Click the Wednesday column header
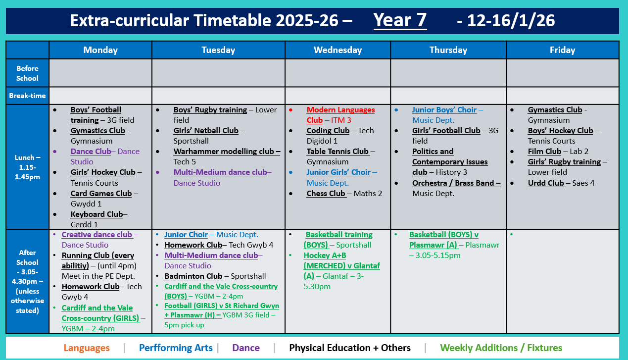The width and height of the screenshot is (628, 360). point(338,50)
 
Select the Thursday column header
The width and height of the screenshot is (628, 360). point(448,50)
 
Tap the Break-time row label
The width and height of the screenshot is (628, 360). point(27,96)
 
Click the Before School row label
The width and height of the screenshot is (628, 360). point(27,73)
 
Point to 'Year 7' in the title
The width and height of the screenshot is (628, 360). point(400,21)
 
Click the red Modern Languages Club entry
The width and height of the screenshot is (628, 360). point(340,115)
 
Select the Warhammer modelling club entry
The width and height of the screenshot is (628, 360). point(227,152)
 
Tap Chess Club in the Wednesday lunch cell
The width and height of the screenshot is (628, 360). point(326,194)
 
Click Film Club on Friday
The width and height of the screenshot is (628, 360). point(544,152)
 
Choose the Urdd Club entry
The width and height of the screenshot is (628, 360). point(546,183)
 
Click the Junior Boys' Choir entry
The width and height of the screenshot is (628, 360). point(444,110)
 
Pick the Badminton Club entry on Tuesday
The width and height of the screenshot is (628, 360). point(193,276)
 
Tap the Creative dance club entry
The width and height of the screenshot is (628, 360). point(97,235)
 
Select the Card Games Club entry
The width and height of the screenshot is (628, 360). point(101,194)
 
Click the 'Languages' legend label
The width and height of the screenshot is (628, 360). point(87,348)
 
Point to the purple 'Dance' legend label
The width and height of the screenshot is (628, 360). point(246,348)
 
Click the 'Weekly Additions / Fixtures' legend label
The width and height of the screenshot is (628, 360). point(501,348)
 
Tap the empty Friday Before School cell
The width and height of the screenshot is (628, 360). point(562,73)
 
